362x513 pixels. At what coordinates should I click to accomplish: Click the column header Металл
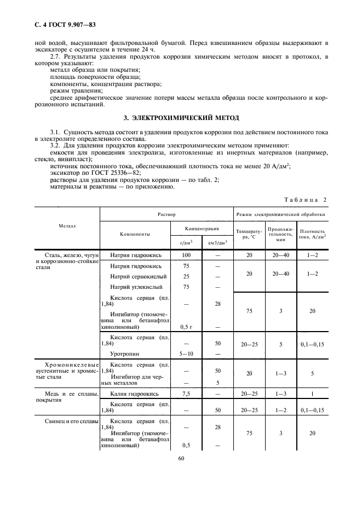[x=67, y=226]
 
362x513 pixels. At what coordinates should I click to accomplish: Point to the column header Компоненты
[x=135, y=234]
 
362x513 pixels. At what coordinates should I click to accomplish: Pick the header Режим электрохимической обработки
[x=280, y=214]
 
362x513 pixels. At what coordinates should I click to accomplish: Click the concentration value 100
[x=186, y=255]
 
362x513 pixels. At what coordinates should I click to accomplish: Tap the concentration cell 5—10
[x=186, y=354]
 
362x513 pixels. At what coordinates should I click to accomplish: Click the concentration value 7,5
[x=186, y=394]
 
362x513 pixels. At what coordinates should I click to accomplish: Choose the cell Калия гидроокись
[x=135, y=394]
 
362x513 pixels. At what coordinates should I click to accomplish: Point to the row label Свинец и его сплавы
[x=67, y=421]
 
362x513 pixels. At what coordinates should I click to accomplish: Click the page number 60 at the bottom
[x=181, y=459]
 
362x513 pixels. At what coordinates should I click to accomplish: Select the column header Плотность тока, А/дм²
[x=313, y=235]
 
